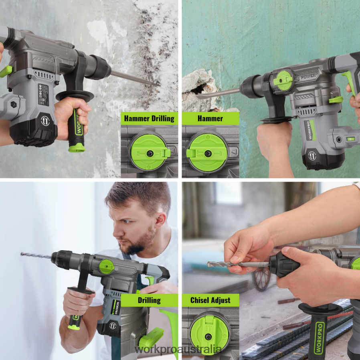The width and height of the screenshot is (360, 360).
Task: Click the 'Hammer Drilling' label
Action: tap(149, 118)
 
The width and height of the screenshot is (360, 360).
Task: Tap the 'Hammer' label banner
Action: tap(210, 118)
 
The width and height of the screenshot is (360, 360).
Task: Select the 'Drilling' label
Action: tap(149, 300)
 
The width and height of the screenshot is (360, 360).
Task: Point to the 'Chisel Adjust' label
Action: tap(211, 300)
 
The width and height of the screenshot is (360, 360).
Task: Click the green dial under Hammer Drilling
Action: tap(149, 153)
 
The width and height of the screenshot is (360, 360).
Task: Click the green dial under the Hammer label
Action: tap(207, 153)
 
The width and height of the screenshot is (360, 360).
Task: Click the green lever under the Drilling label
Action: tap(151, 337)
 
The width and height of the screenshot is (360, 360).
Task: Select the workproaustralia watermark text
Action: tap(178, 349)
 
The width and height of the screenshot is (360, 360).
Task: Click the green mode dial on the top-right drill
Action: tap(285, 80)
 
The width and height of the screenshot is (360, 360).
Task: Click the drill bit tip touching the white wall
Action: tap(22, 254)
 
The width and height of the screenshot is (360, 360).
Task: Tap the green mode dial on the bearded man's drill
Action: tap(106, 266)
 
